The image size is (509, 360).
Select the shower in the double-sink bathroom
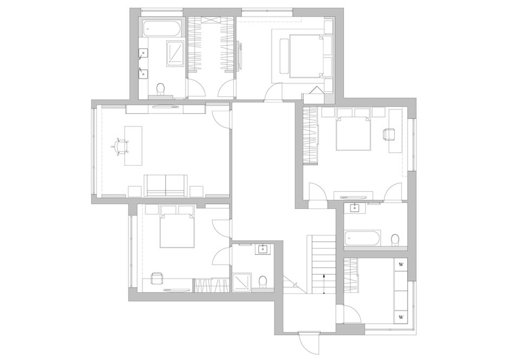[175, 54]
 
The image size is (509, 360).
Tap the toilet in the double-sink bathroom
[160, 89]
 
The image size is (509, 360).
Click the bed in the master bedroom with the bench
[306, 56]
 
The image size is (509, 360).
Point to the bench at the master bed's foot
[284, 56]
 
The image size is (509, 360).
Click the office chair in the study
[120, 146]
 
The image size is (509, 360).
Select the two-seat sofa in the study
[166, 185]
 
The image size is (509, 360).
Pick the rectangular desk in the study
[133, 146]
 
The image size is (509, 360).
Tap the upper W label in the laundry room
[401, 264]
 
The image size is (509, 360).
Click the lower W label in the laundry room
[401, 317]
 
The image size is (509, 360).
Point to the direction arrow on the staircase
[324, 284]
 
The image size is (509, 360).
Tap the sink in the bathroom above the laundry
[355, 208]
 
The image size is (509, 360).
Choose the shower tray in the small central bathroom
[241, 281]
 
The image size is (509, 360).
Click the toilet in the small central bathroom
[262, 282]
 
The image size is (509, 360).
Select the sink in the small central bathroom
[263, 250]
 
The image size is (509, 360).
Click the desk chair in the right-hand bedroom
[389, 135]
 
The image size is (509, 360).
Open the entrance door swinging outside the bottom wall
[309, 343]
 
